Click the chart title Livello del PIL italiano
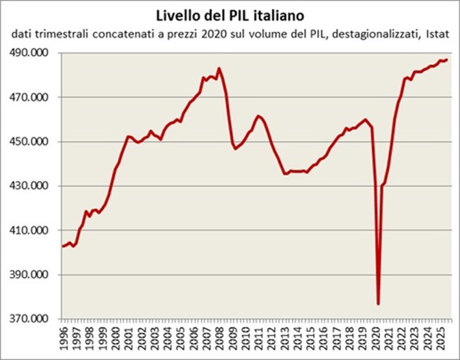(x=229, y=14)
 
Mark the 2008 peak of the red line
(x=218, y=68)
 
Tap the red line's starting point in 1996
(x=63, y=246)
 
